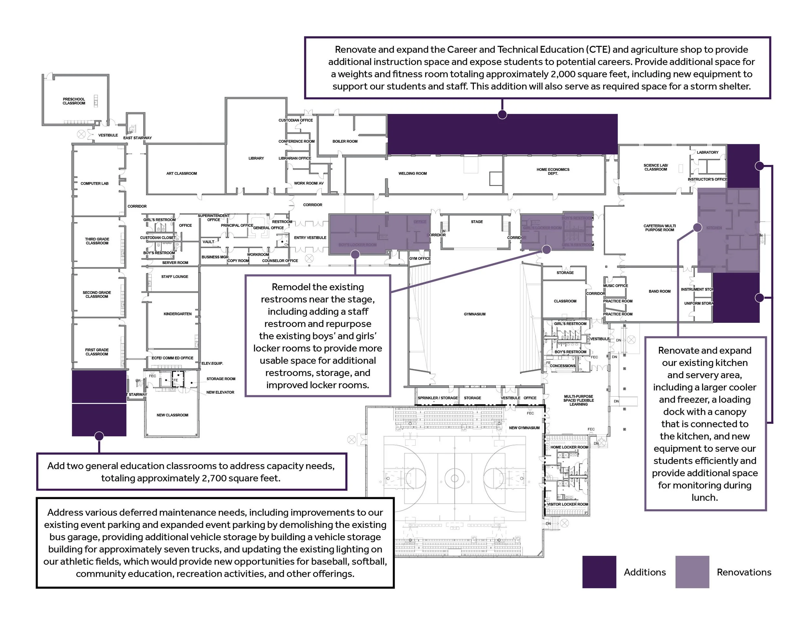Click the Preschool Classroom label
74,101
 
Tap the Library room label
256,158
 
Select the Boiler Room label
345,141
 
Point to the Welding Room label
412,173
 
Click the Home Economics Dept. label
553,171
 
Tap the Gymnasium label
475,314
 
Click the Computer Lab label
94,183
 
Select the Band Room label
659,291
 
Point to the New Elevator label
220,392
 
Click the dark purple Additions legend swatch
599,572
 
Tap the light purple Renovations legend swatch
692,572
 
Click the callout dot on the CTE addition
502,115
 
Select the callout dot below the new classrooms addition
99,436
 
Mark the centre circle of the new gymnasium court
455,478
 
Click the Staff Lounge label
175,277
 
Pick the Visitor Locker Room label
567,504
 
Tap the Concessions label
562,366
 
